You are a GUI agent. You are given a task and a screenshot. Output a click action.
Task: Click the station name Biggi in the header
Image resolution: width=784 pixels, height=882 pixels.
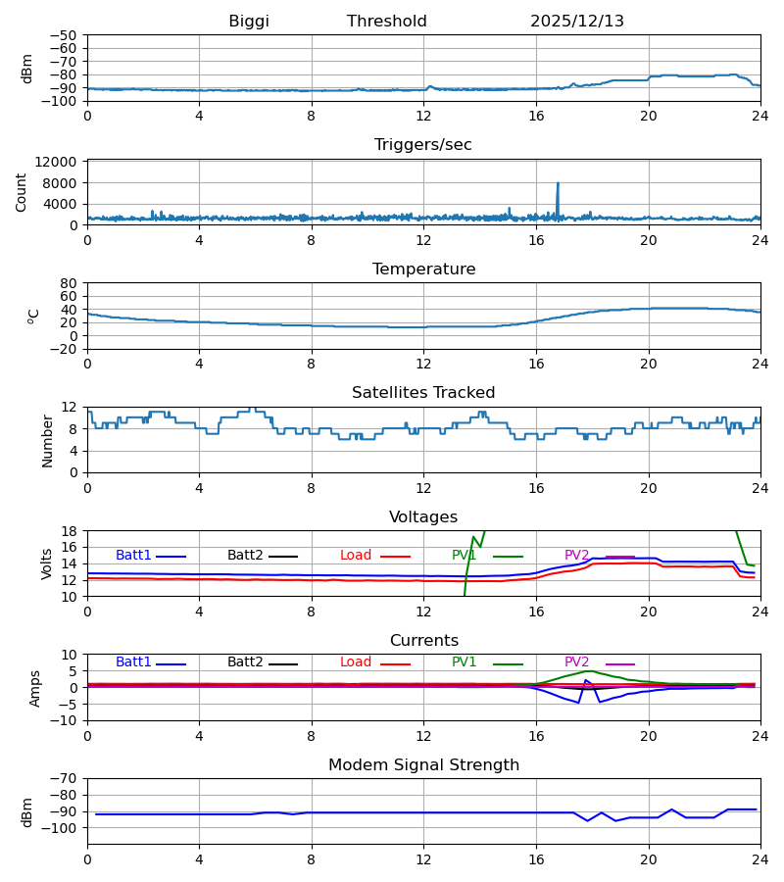[x=249, y=22]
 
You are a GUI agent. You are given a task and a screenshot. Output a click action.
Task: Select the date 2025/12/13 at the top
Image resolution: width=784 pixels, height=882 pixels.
[x=577, y=22]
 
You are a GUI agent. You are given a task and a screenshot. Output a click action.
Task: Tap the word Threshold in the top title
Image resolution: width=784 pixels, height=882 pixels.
[x=387, y=22]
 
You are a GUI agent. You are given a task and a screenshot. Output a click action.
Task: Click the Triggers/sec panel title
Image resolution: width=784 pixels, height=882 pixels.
[x=423, y=145]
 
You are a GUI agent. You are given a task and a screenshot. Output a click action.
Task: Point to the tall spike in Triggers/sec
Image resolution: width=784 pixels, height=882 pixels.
[x=558, y=184]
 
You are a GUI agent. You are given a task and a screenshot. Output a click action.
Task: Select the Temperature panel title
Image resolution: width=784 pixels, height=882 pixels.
[x=423, y=269]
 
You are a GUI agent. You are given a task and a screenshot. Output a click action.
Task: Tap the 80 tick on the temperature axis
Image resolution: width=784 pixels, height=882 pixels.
[x=70, y=283]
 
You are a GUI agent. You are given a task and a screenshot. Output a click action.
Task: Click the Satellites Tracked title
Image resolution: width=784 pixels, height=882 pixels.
[x=423, y=393]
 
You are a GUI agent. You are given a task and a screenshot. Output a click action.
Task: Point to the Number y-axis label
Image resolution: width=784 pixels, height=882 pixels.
[x=48, y=440]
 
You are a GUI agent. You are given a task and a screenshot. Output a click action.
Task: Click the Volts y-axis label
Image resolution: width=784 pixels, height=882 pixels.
[x=48, y=563]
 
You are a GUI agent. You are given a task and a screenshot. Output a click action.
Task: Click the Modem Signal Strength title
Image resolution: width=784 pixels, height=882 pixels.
[x=423, y=765]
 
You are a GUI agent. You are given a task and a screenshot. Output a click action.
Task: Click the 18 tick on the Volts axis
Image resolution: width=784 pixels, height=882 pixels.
[x=70, y=531]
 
